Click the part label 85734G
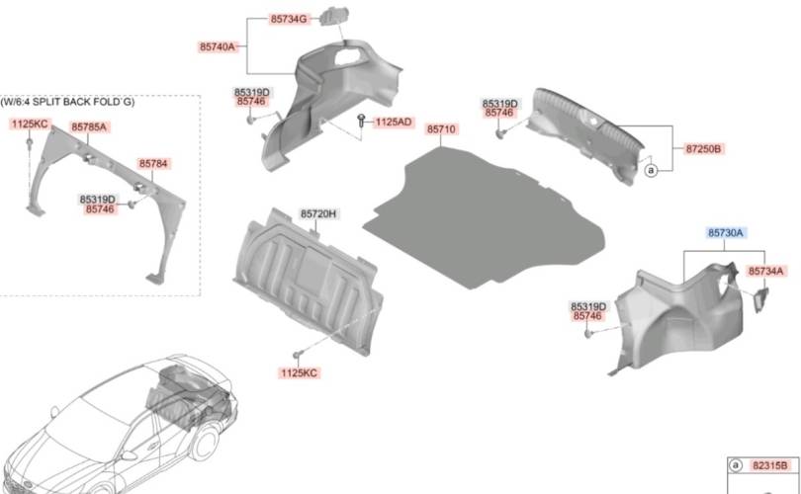coord(289,20)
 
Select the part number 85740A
coord(218,47)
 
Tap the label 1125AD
coord(394,122)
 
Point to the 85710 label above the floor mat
coord(441,129)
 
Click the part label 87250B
coord(703,148)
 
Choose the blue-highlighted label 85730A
coord(726,233)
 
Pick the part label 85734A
coord(765,271)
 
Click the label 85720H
coord(318,213)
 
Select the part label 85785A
coord(89,127)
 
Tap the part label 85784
coord(153,164)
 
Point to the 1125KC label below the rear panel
coord(299,373)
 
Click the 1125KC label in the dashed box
coord(30,124)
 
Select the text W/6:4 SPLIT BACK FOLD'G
coord(67,102)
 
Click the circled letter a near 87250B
coord(651,170)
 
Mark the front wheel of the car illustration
coord(206,443)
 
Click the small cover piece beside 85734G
coord(333,16)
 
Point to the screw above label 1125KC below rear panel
coord(298,355)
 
